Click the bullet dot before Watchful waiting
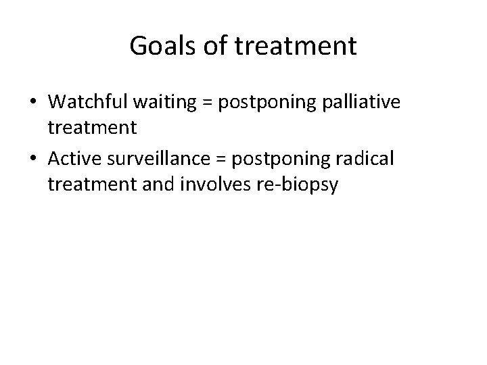click(34, 102)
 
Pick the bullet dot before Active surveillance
click(34, 159)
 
